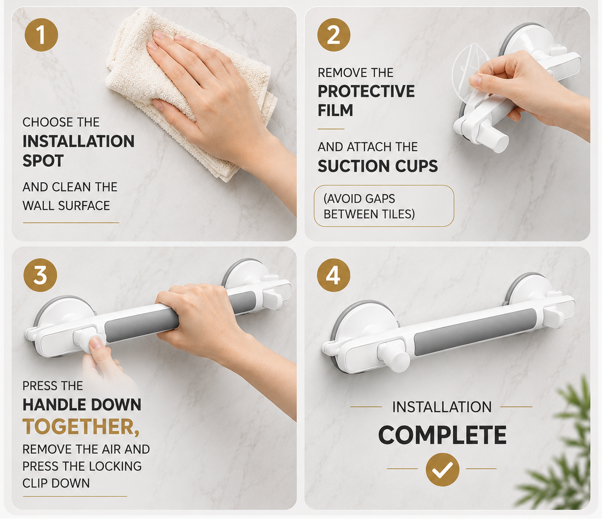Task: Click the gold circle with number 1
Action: click(x=41, y=35)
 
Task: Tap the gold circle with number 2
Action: click(x=334, y=35)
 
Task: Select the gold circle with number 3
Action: click(x=40, y=275)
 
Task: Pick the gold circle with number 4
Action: click(x=334, y=275)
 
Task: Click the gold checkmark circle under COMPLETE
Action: click(x=443, y=470)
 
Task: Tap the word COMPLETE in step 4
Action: click(x=442, y=435)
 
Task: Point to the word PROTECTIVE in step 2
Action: click(x=366, y=92)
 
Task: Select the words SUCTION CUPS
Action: click(x=378, y=166)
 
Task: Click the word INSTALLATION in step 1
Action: click(x=79, y=142)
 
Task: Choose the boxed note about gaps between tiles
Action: click(x=384, y=206)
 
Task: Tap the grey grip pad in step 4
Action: click(x=475, y=332)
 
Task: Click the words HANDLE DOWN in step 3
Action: click(x=82, y=405)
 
